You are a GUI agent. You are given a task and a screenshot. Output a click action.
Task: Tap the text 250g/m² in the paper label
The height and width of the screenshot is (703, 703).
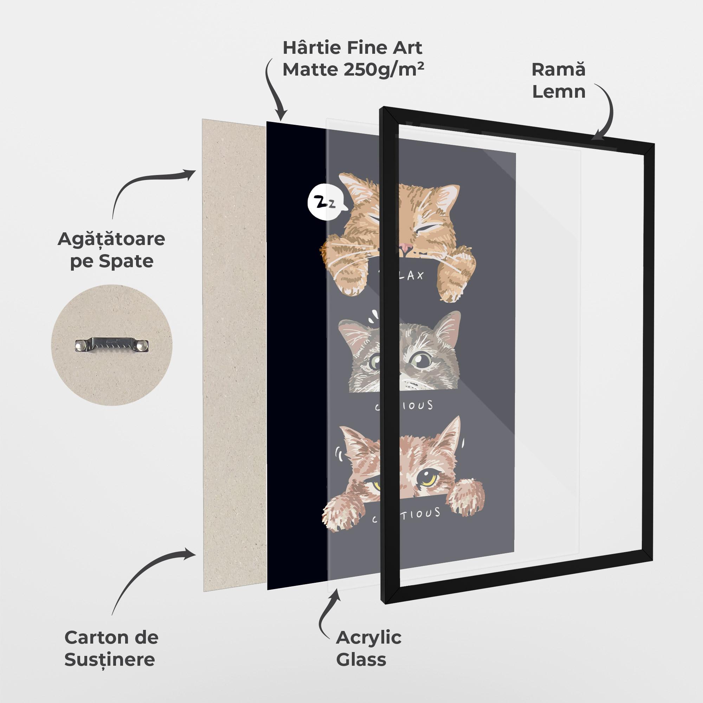384,70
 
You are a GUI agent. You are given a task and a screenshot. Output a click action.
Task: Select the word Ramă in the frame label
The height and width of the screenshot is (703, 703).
558,70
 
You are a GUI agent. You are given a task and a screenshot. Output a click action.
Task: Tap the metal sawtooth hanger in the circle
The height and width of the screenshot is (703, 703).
112,345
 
